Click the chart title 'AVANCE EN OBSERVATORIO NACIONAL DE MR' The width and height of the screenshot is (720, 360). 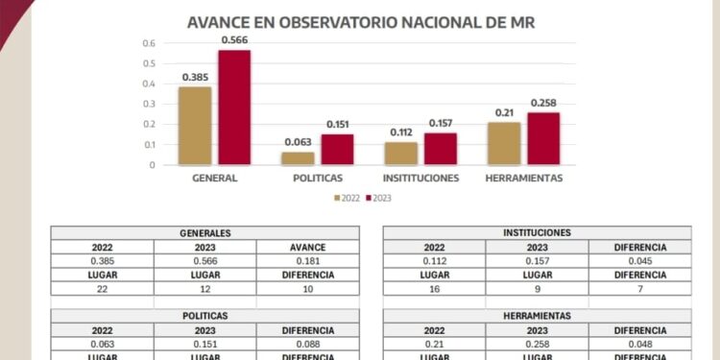[360, 21]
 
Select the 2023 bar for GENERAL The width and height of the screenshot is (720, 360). [234, 108]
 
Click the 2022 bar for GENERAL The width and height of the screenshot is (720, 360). [195, 126]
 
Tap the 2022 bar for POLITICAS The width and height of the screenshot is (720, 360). [298, 158]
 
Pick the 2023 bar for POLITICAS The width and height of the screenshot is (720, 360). [337, 150]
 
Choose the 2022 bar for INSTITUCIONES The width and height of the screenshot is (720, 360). [400, 154]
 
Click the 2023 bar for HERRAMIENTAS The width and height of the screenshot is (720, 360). [543, 138]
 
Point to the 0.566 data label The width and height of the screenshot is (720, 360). [234, 39]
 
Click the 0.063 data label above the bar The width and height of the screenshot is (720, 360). [298, 142]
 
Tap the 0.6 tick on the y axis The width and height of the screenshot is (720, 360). [148, 44]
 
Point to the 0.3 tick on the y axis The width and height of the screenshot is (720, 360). [148, 105]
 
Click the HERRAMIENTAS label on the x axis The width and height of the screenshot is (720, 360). [523, 179]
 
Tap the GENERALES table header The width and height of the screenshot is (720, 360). [205, 233]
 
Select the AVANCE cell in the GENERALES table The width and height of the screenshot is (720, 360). [308, 248]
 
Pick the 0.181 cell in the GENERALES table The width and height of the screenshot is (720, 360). [308, 261]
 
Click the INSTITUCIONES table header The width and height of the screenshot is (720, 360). [537, 233]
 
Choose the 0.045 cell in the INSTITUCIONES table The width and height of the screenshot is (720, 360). [639, 261]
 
